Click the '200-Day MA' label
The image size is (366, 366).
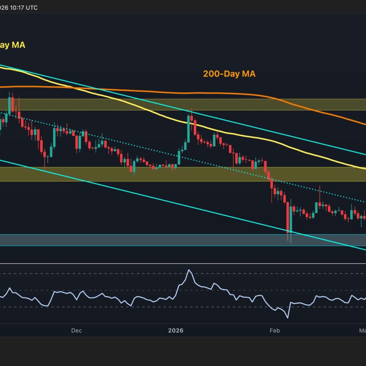click(x=229, y=74)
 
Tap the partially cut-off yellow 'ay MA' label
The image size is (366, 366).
click(x=12, y=45)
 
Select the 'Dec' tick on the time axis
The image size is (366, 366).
click(x=76, y=331)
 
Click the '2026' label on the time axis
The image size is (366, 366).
click(x=176, y=331)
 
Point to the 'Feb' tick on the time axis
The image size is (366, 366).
click(x=274, y=331)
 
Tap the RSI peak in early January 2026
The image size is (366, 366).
click(x=189, y=270)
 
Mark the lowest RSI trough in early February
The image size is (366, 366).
click(x=287, y=318)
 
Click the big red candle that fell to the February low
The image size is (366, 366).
click(x=288, y=217)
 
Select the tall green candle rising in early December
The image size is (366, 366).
click(x=54, y=137)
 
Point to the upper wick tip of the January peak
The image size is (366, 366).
click(x=191, y=109)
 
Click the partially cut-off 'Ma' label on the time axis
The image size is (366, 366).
click(x=362, y=331)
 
